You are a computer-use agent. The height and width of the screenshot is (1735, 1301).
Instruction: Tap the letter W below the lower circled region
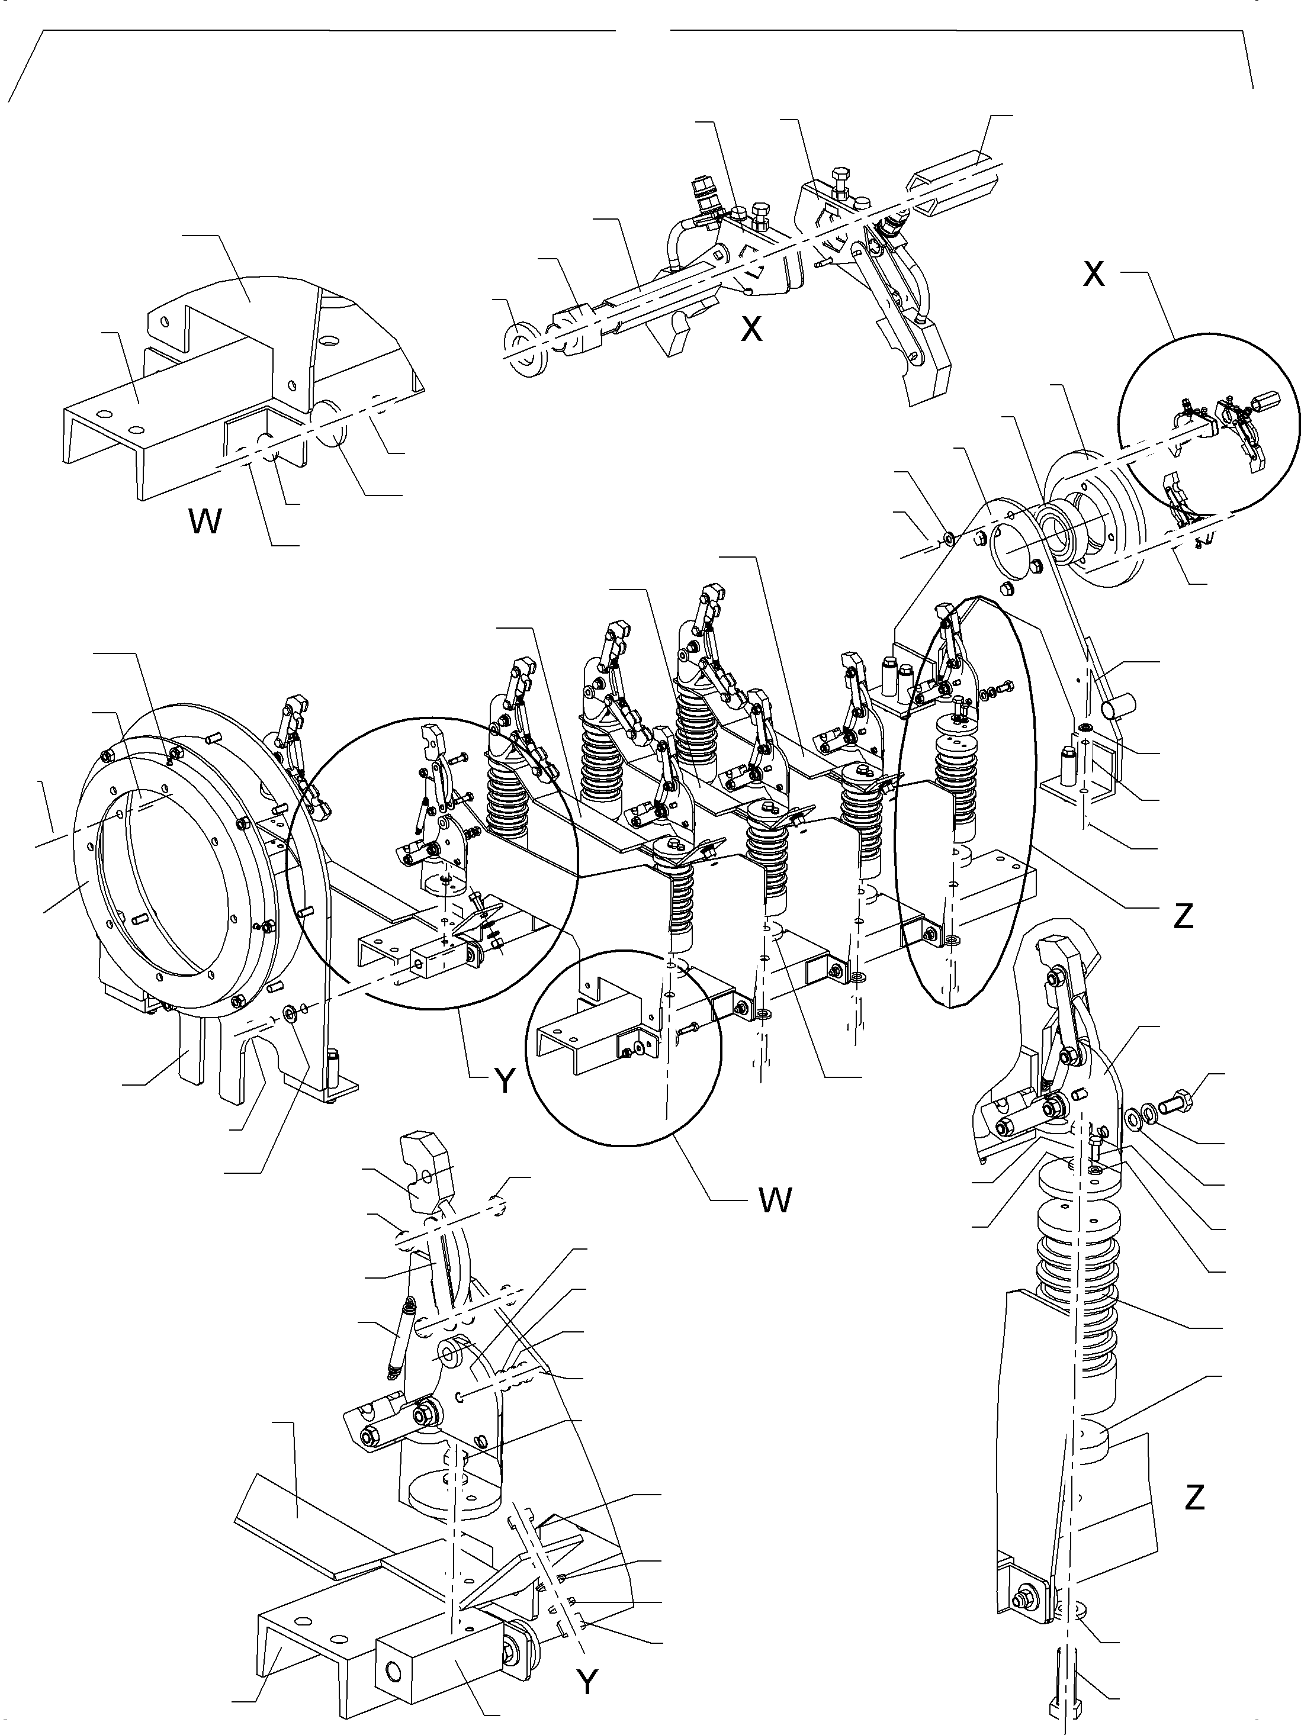tap(775, 1199)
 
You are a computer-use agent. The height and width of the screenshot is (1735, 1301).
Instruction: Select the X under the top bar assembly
tap(751, 330)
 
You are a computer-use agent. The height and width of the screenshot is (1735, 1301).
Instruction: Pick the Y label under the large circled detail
tap(505, 1081)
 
